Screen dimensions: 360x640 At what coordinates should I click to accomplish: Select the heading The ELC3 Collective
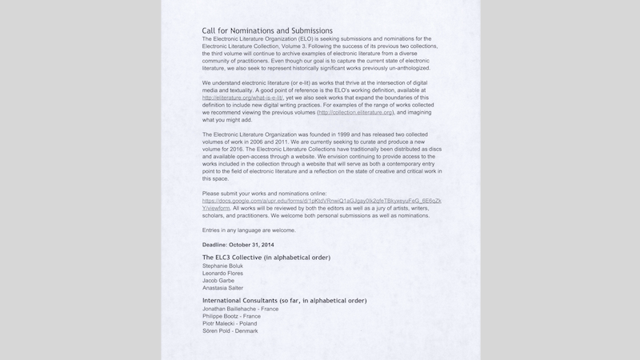266,257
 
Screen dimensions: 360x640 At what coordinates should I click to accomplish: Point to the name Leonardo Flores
224,274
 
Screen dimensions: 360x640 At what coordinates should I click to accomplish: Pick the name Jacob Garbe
219,281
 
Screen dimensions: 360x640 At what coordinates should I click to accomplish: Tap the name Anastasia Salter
223,288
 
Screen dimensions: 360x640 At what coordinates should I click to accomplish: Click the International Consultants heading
284,301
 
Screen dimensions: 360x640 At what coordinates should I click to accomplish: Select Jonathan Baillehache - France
241,309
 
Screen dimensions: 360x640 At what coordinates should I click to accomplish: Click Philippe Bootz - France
231,316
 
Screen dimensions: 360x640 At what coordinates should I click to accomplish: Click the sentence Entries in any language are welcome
249,230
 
